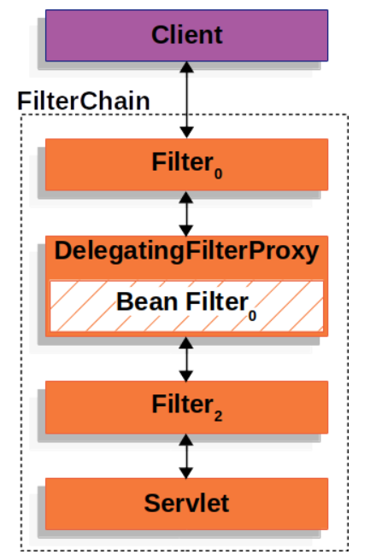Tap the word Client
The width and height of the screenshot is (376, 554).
186,35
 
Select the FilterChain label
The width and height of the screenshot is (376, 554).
84,100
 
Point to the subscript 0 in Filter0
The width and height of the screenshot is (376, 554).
219,174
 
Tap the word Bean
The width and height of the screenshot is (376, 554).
143,302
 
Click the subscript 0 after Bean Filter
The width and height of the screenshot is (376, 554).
252,314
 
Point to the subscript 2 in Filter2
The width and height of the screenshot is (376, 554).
219,417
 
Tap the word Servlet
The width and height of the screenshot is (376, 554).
186,504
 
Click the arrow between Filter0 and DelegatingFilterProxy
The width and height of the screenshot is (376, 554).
186,213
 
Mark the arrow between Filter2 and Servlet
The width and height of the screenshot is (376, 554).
186,456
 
